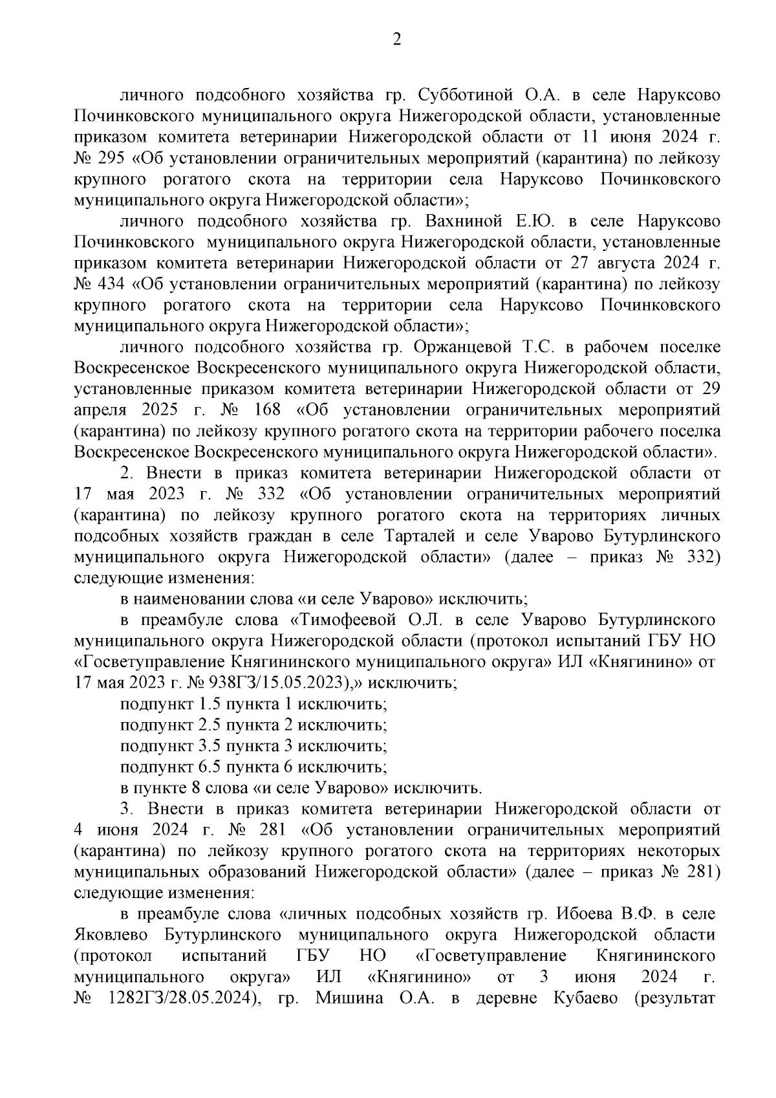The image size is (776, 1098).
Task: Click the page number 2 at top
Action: coord(397,40)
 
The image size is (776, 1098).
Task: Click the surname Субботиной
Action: coord(462,95)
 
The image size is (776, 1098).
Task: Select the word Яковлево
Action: coord(111,936)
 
